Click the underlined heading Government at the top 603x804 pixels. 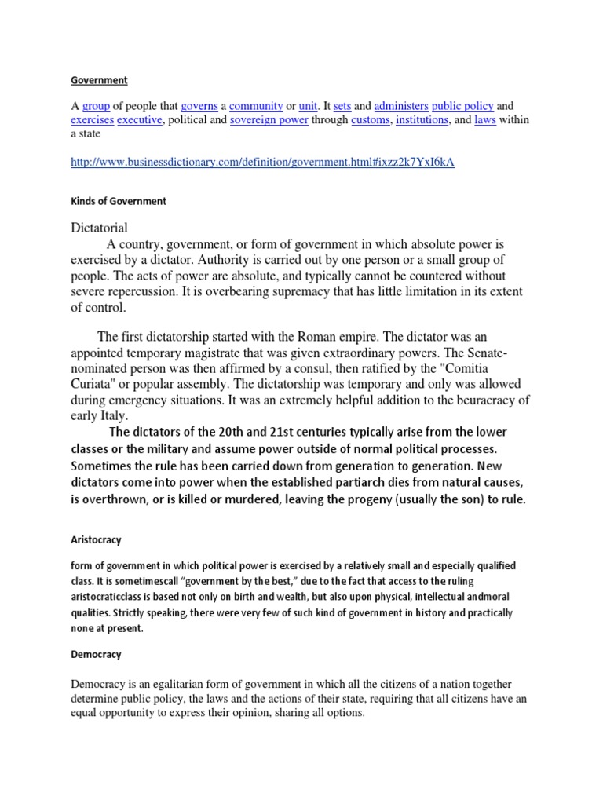tap(99, 80)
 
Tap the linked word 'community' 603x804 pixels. tap(255, 105)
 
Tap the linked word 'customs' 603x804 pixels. tap(370, 120)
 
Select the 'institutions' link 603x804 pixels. tap(422, 120)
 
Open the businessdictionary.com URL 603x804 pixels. tap(263, 162)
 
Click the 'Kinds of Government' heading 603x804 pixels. tap(119, 201)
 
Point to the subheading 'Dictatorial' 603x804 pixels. tap(100, 228)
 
